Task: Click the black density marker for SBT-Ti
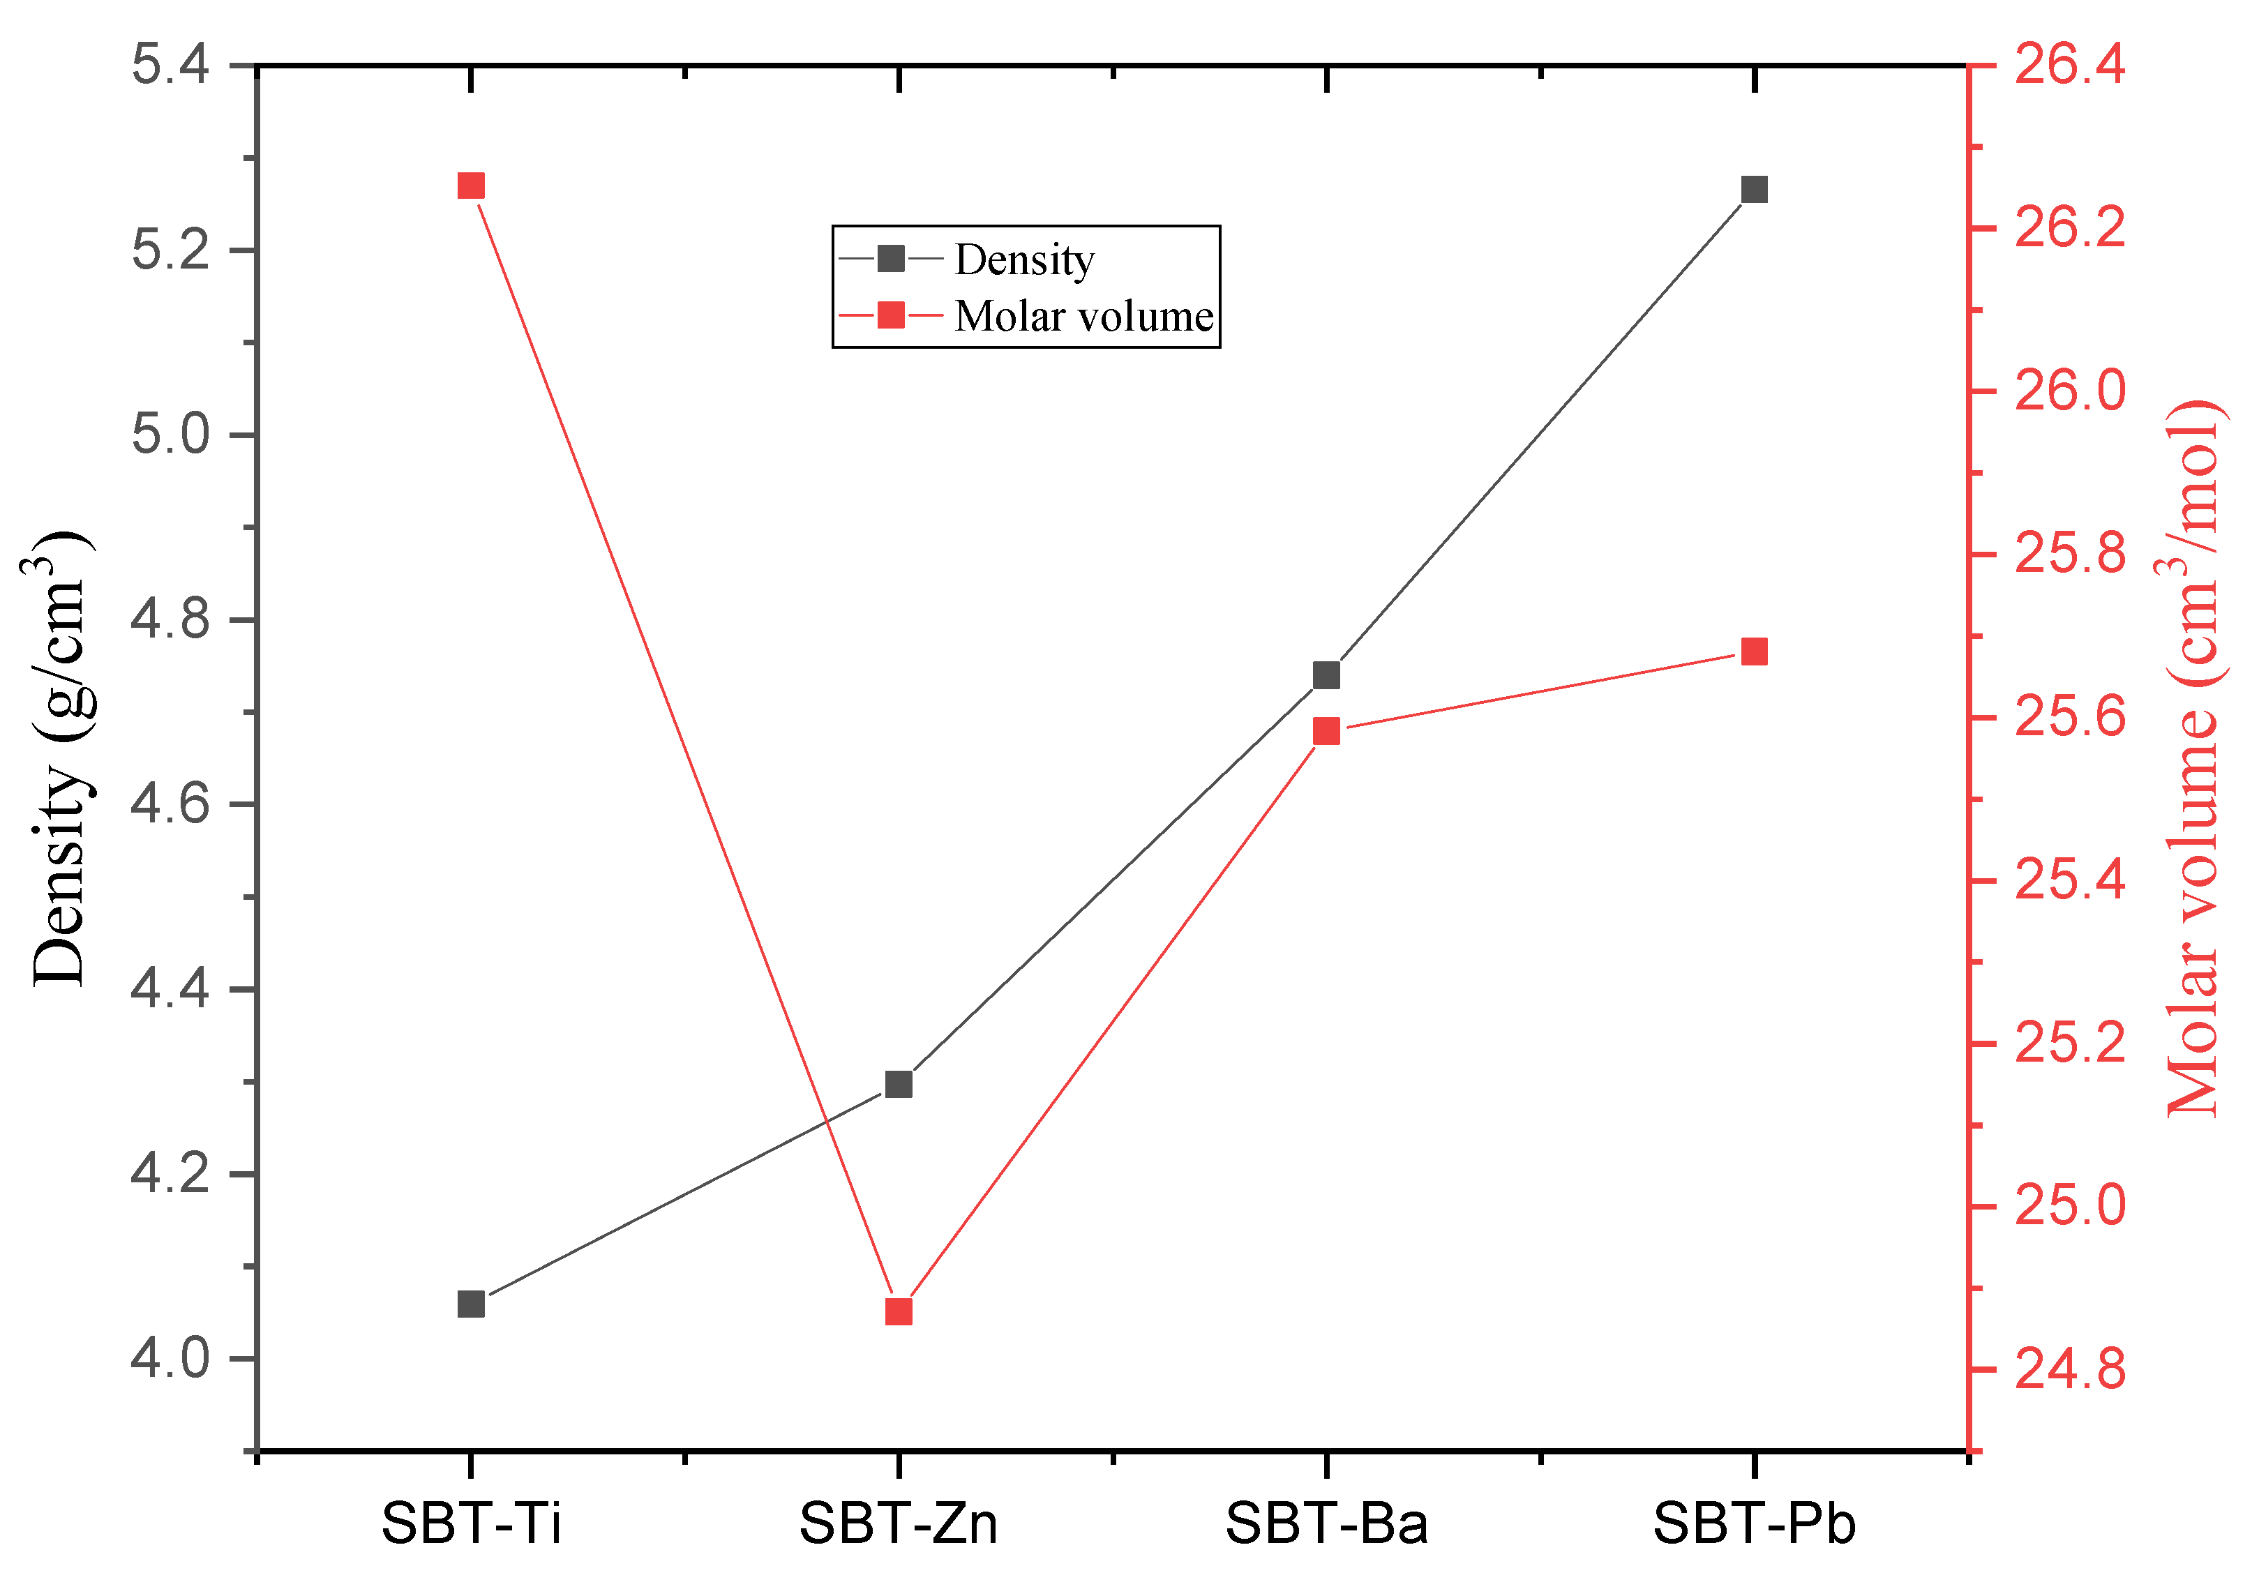point(472,1304)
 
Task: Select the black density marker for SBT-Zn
point(899,1084)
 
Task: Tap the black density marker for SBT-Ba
point(1327,675)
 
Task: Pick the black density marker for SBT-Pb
point(1755,189)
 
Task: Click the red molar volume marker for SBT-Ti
point(472,186)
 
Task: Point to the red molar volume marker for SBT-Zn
point(899,1313)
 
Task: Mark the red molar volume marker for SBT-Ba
point(1327,731)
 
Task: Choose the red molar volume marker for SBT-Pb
point(1755,652)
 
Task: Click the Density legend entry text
point(1024,259)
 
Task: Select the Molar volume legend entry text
point(1083,316)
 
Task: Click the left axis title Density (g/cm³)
point(59,758)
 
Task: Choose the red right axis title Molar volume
point(2194,758)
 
